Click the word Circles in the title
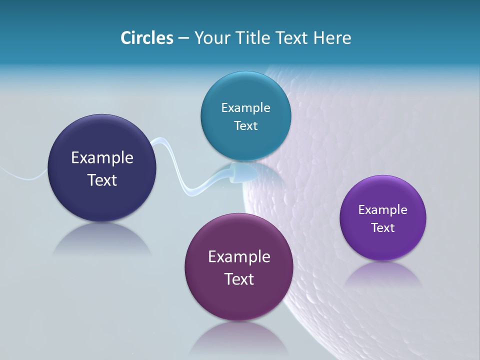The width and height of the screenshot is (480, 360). [x=147, y=38]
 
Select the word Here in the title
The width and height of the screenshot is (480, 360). [x=332, y=38]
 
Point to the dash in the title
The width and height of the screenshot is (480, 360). [x=183, y=38]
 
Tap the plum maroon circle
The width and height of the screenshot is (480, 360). [x=239, y=300]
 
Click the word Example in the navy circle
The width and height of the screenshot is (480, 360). [x=102, y=158]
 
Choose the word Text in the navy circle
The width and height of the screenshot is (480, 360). [x=102, y=180]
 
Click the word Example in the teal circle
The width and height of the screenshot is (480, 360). [x=245, y=107]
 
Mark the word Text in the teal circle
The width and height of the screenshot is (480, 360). [x=245, y=125]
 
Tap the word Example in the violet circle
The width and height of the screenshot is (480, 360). [x=383, y=209]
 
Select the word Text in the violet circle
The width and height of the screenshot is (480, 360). [x=383, y=227]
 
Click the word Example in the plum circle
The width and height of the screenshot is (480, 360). [x=239, y=257]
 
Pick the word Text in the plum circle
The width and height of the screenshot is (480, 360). [x=239, y=279]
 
